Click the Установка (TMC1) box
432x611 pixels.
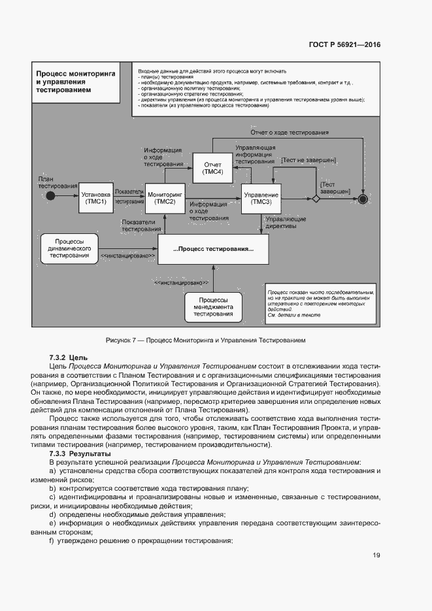95,198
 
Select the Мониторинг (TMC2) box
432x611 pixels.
165,198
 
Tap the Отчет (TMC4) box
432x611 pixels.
213,168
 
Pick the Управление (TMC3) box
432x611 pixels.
261,198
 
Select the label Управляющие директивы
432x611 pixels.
286,223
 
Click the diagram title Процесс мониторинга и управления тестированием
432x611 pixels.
75,82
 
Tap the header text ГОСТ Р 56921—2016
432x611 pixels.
344,45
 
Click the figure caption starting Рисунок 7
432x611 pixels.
205,340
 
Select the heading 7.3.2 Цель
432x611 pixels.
68,358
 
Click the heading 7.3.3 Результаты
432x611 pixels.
81,453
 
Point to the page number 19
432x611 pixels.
376,555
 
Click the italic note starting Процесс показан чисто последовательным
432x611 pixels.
320,303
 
